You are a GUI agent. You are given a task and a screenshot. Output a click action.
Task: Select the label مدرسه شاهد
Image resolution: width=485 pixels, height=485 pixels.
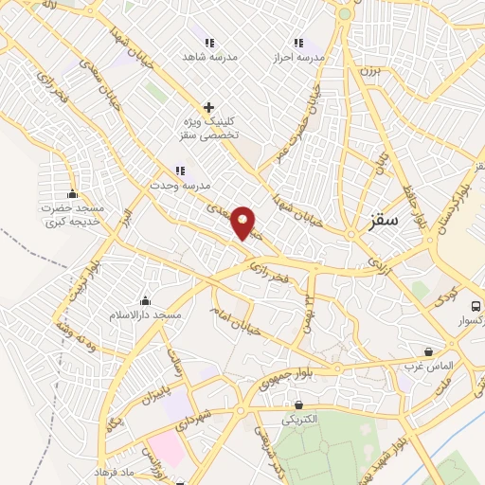210,56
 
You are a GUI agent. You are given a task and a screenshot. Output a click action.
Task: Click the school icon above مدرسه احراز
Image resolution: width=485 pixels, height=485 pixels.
298,42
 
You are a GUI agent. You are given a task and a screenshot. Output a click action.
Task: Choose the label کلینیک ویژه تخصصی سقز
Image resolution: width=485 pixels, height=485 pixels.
206,130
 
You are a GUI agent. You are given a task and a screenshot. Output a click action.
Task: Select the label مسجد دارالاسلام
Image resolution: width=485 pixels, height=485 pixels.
147,314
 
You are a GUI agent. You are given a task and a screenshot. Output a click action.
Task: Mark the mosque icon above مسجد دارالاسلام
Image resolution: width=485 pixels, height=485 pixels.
145,299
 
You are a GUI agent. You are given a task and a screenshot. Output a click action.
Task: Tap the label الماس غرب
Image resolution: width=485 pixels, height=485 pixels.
430,365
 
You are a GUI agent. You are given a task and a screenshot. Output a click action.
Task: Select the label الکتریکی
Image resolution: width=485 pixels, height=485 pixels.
300,418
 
